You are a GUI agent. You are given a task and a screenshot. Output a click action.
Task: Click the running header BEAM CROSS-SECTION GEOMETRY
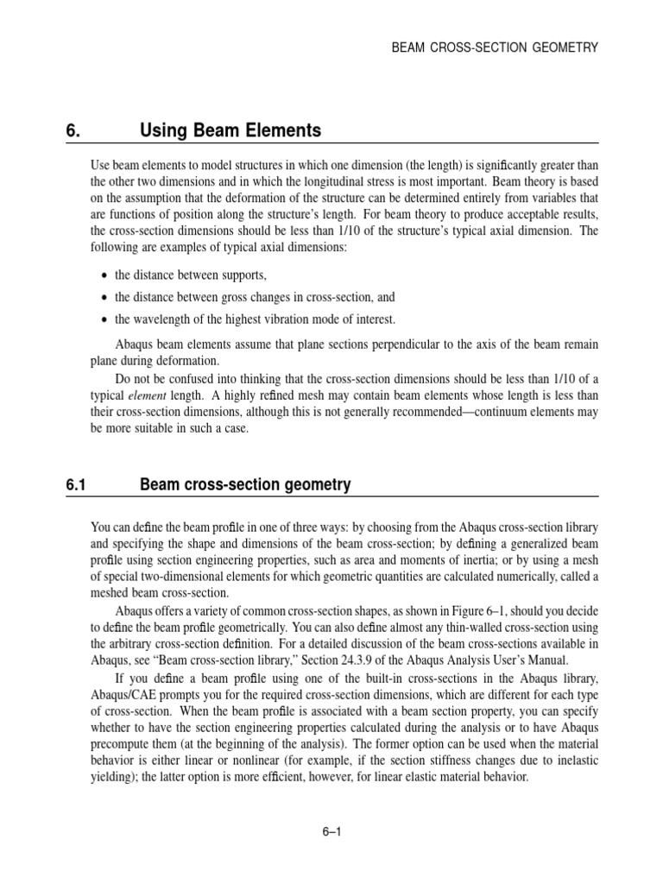(x=495, y=47)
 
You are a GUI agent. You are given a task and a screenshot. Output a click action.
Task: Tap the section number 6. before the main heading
(x=73, y=131)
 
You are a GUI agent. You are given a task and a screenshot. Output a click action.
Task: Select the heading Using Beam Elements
(x=230, y=131)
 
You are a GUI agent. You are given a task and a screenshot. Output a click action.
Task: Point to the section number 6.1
(x=77, y=485)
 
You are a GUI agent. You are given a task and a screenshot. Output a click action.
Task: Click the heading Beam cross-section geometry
(x=245, y=485)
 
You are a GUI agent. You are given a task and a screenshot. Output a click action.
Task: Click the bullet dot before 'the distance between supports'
(x=104, y=275)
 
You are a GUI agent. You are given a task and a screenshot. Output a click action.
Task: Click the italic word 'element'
(x=149, y=395)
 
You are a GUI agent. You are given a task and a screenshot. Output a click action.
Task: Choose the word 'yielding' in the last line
(x=113, y=776)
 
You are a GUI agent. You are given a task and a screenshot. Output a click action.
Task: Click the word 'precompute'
(x=122, y=742)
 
